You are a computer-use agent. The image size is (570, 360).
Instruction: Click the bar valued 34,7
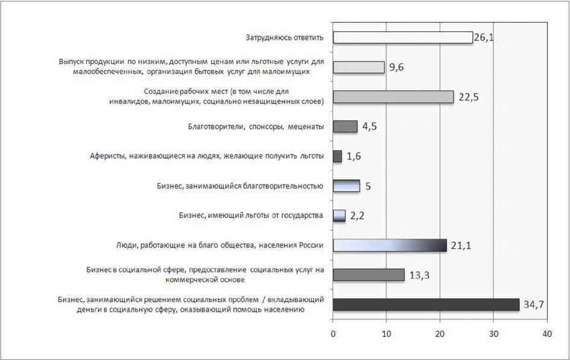point(426,305)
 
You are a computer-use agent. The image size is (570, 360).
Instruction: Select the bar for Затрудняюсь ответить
point(402,37)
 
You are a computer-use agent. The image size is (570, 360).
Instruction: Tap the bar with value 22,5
point(393,96)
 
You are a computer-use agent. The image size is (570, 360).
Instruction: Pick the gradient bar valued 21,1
point(390,245)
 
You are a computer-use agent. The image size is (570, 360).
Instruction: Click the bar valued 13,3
point(369,275)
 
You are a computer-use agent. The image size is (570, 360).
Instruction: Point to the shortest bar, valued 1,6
point(337,156)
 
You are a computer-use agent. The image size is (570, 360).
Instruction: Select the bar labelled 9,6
point(358,67)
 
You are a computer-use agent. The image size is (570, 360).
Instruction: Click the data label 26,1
point(484,37)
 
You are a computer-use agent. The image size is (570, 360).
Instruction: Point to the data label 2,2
point(357,216)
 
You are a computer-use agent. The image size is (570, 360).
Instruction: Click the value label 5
point(368,186)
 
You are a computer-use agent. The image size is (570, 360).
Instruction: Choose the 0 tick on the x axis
point(333,333)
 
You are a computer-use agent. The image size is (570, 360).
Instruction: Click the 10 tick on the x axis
point(386,333)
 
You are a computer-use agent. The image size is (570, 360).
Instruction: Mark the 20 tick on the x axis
point(440,333)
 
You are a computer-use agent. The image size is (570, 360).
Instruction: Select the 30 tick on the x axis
point(493,333)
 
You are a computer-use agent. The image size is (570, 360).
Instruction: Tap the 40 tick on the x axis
point(546,333)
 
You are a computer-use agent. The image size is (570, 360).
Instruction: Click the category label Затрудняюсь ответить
point(285,37)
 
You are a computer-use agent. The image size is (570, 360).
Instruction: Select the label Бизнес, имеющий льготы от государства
point(251,215)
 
